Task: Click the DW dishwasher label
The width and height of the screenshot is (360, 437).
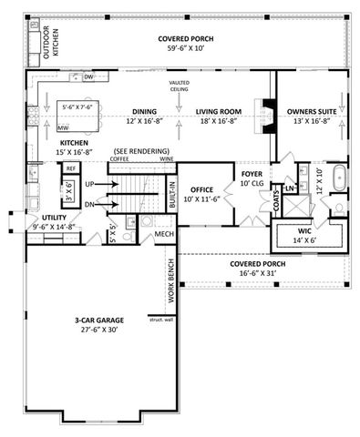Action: coord(89,77)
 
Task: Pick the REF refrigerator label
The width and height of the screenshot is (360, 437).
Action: coord(71,168)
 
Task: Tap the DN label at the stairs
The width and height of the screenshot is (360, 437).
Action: coord(89,205)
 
